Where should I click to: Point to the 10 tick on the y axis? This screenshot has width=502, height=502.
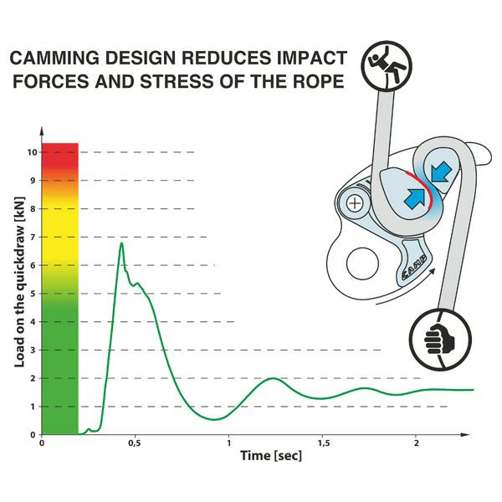coord(32,152)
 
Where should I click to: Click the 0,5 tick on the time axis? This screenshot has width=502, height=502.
coord(134,443)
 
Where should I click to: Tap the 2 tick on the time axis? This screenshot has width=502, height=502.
coord(416,443)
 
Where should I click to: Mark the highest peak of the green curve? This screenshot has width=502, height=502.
coord(122,243)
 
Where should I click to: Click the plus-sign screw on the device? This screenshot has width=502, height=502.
coord(356,202)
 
